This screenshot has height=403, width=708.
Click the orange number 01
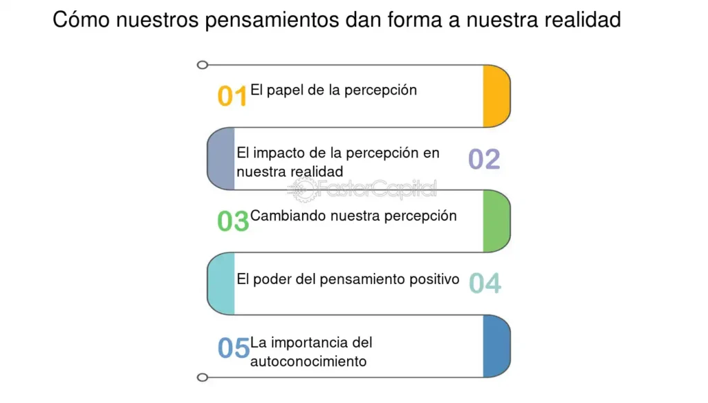[232, 96]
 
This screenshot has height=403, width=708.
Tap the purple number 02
[484, 159]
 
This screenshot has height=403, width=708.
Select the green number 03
[233, 221]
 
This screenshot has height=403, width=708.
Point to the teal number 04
[485, 283]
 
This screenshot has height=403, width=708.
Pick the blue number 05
[234, 348]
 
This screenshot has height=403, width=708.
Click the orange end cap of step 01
[496, 96]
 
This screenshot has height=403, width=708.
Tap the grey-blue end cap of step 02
[221, 158]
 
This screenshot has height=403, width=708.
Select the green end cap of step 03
[496, 221]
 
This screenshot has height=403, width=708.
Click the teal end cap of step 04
[221, 283]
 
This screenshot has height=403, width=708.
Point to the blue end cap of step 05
[496, 346]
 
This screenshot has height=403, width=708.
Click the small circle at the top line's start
[203, 65]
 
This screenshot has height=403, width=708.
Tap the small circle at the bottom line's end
[203, 377]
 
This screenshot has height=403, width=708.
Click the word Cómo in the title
[82, 20]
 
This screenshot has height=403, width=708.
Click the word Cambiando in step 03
[288, 216]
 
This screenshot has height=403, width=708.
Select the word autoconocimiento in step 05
[308, 362]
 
